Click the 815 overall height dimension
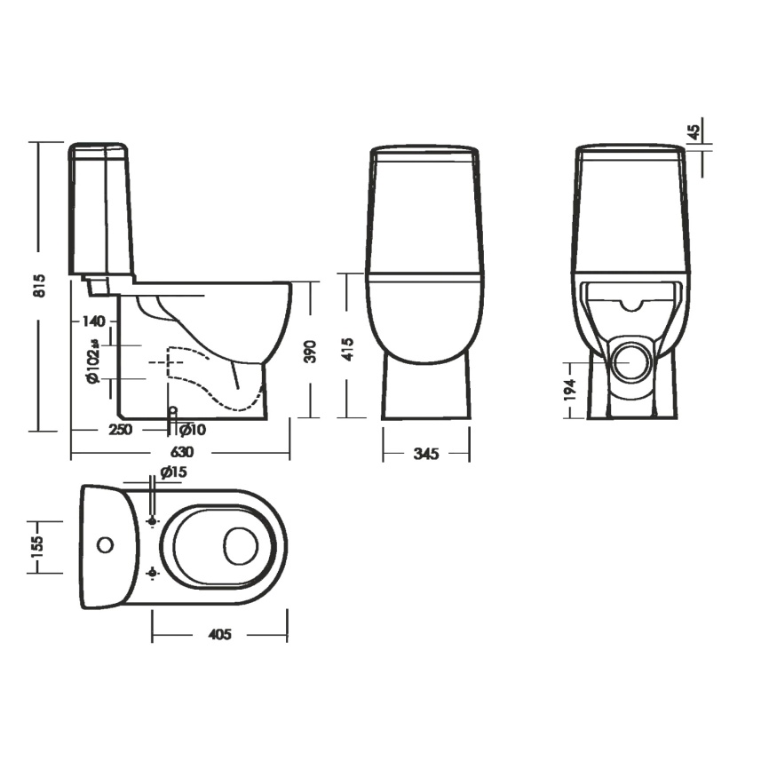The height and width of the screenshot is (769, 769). point(40,285)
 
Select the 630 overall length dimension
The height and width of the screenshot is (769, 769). point(182,451)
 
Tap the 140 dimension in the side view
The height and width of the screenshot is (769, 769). point(93,321)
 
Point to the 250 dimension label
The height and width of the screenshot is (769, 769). point(121,429)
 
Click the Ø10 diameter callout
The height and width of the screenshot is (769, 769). point(193,430)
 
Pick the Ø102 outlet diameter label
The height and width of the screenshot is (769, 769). point(92,361)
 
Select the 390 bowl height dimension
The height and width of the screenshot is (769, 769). point(311,352)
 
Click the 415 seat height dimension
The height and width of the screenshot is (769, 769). point(348,349)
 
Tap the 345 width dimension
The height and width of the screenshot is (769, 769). point(425,454)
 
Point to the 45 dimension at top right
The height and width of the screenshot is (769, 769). point(694,132)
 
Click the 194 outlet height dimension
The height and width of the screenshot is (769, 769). point(569,391)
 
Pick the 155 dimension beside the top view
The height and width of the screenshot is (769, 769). point(37,546)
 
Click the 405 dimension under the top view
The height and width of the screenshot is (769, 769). point(219,634)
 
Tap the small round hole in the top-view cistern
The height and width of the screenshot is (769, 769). point(105,545)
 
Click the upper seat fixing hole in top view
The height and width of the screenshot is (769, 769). point(153,521)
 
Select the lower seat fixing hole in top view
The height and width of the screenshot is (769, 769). point(153,573)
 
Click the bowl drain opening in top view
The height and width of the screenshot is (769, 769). point(241,545)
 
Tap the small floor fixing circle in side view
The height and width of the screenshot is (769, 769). point(172,410)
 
